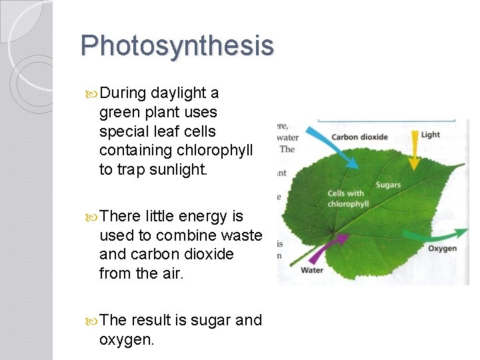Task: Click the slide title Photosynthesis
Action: click(177, 46)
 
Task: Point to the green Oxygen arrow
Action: click(437, 234)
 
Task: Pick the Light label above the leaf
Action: click(431, 135)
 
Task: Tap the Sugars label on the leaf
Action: click(388, 184)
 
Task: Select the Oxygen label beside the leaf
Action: click(442, 249)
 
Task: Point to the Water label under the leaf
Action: click(312, 270)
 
